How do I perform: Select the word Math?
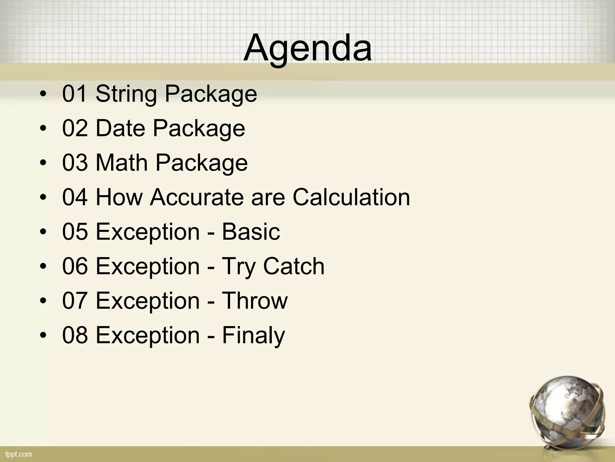click(x=122, y=163)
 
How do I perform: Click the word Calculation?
click(x=351, y=197)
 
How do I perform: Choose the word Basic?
click(x=251, y=232)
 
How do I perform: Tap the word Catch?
click(x=294, y=266)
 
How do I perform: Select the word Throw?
click(x=255, y=301)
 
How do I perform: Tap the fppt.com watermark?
click(x=18, y=454)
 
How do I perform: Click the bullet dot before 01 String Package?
click(x=43, y=94)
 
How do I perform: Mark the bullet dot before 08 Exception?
click(x=43, y=336)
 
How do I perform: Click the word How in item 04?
click(x=119, y=197)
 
